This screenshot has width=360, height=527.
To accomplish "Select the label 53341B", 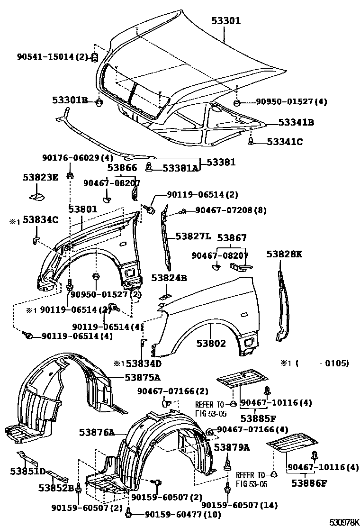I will point(296,122).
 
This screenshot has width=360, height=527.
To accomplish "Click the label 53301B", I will point(70,100).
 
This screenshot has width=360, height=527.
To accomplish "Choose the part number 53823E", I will point(41,177).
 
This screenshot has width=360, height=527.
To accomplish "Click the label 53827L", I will point(193,236).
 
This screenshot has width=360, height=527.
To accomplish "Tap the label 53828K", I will point(284,254).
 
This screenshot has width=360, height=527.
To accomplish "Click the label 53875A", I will point(142,377).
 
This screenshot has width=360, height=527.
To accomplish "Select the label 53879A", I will point(232,447).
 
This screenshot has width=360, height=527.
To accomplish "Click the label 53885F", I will point(258,418).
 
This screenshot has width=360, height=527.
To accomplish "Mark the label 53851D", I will point(28,471).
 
